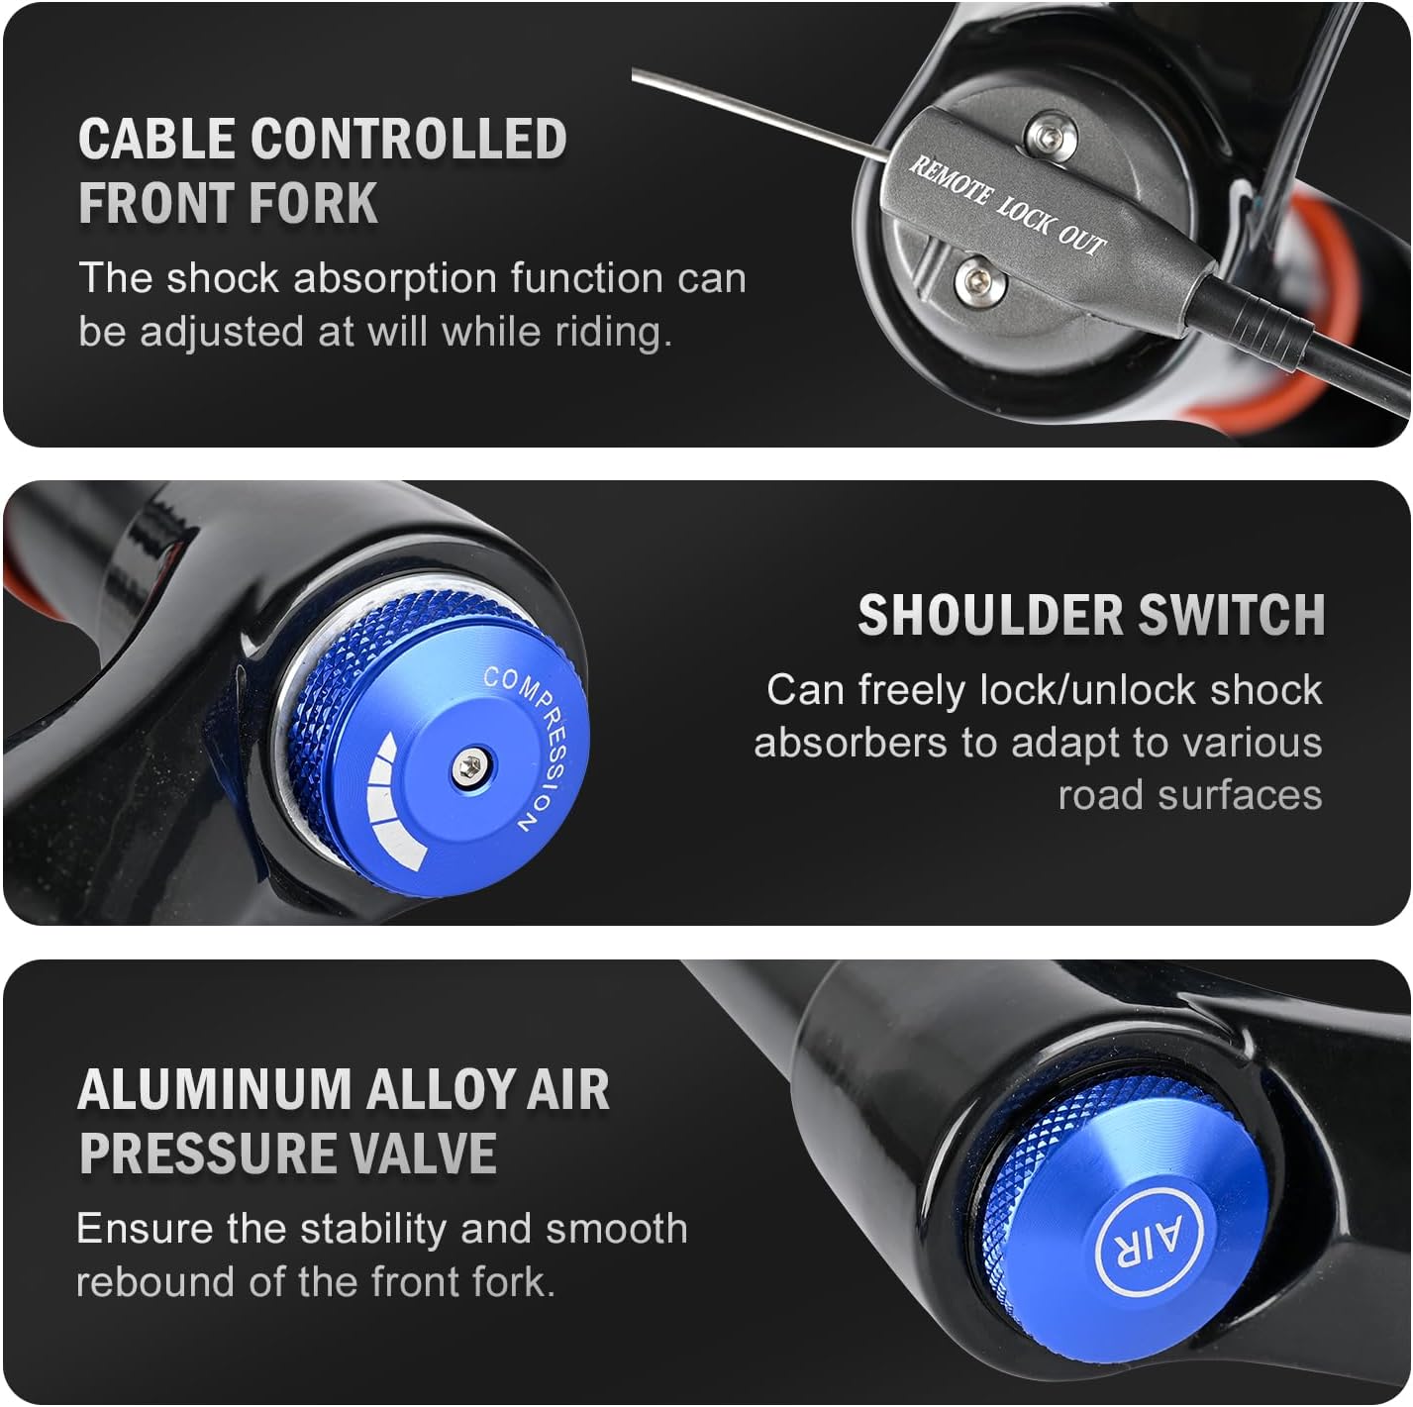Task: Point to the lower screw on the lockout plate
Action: [979, 281]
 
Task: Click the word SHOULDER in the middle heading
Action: [990, 614]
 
